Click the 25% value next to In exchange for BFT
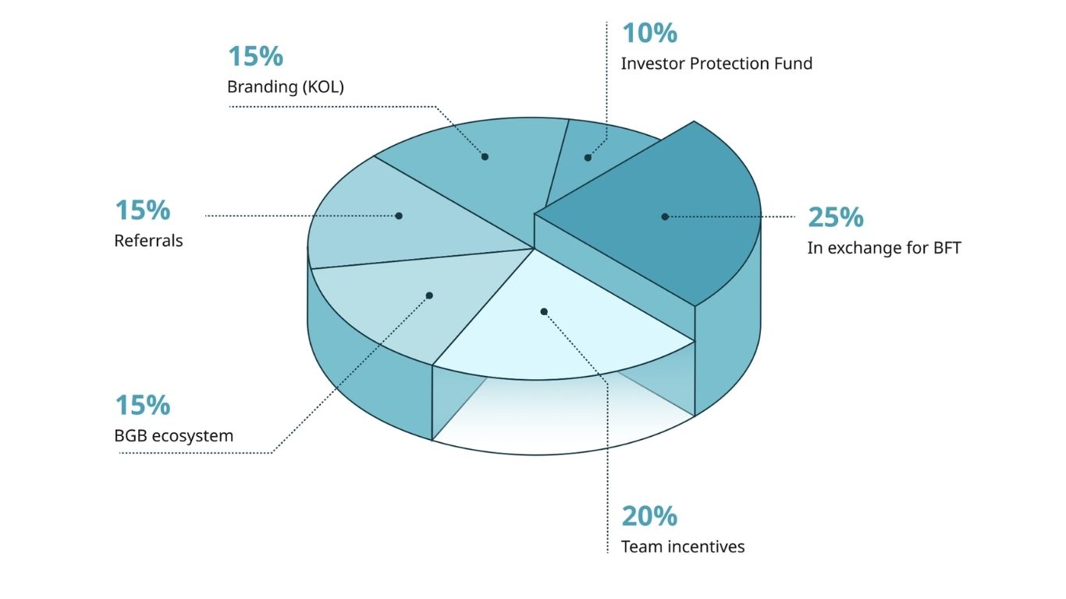coord(836,218)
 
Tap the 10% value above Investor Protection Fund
coord(649,34)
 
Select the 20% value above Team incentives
coord(649,516)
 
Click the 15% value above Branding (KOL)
coord(255,57)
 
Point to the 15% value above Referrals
coord(143,211)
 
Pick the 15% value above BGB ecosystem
coord(143,406)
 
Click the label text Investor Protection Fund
coord(716,64)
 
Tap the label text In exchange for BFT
coord(883,249)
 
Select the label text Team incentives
coord(683,547)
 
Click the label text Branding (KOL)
coord(286,87)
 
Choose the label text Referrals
coord(148,241)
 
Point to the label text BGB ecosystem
coord(174,436)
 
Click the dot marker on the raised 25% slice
coord(665,217)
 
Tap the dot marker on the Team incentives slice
coord(544,312)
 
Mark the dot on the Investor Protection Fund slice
coord(588,158)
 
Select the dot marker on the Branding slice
coord(485,157)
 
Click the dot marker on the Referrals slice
coord(399,216)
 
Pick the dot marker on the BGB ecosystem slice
coord(429,296)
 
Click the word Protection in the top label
coord(729,64)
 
